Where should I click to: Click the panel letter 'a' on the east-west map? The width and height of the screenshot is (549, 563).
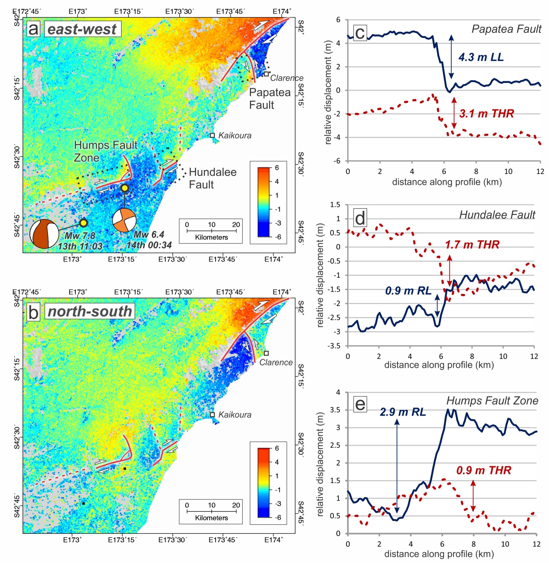click(x=33, y=29)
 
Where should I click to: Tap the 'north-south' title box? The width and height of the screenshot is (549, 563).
click(x=89, y=311)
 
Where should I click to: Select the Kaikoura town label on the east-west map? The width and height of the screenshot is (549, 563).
click(x=234, y=135)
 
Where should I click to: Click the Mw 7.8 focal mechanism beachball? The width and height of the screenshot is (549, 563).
click(x=45, y=234)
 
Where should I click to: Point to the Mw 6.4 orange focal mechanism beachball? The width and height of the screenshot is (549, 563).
click(x=124, y=220)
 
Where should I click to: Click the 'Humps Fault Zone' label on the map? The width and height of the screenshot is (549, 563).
click(x=105, y=151)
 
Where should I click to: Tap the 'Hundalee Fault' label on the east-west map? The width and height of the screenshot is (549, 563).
click(x=212, y=178)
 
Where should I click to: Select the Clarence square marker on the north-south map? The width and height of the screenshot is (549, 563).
click(x=266, y=353)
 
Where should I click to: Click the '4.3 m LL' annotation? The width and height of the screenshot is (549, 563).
click(x=481, y=57)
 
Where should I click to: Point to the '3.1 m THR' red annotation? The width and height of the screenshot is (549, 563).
click(x=486, y=113)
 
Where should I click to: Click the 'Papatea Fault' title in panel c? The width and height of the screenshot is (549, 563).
click(x=506, y=29)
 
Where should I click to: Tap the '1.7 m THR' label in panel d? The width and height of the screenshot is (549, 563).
click(x=472, y=244)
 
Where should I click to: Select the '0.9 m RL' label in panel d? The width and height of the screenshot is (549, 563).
click(x=408, y=291)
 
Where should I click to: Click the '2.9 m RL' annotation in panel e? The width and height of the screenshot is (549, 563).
click(x=402, y=412)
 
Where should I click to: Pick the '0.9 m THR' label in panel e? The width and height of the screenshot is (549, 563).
click(x=483, y=470)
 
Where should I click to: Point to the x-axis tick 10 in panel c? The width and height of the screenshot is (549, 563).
click(x=508, y=171)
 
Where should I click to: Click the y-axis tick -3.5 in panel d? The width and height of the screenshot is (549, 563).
click(x=335, y=346)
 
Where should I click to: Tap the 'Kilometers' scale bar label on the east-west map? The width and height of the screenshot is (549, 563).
click(x=211, y=237)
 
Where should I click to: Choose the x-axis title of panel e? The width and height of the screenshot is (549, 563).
click(x=439, y=554)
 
